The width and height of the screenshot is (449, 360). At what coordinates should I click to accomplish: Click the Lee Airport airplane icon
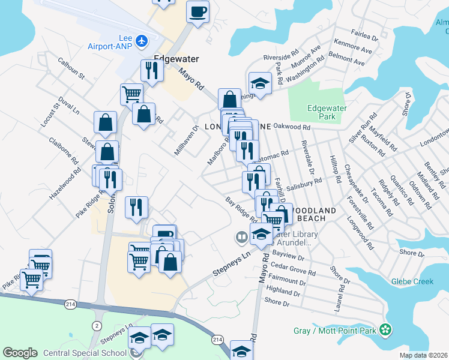coord(142,41)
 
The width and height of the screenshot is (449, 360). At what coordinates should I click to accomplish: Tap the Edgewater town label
coord(176,59)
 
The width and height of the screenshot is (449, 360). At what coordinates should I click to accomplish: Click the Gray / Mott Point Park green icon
coord(387,329)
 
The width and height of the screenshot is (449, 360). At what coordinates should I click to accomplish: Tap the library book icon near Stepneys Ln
coord(241,238)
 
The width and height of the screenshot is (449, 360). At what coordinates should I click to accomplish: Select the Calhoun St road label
coord(71,68)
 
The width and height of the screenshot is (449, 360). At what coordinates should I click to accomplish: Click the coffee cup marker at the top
coord(197,11)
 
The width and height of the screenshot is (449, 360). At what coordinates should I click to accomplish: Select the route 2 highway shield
coord(96,325)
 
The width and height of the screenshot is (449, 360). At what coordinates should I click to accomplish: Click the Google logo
coord(20,353)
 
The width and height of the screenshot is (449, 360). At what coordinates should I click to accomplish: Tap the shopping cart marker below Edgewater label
coord(131,94)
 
